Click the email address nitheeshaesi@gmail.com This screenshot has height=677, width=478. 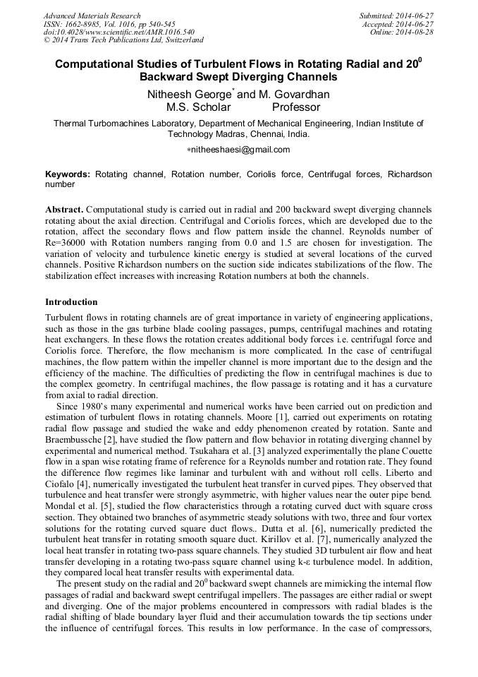tap(240, 150)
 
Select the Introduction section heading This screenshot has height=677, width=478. tap(71, 302)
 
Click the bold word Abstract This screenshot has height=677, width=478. tap(64, 210)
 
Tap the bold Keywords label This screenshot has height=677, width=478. tap(68, 174)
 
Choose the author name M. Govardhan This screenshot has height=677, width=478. tap(289, 95)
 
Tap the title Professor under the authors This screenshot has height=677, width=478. tap(296, 108)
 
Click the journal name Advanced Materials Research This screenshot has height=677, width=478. tap(92, 16)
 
